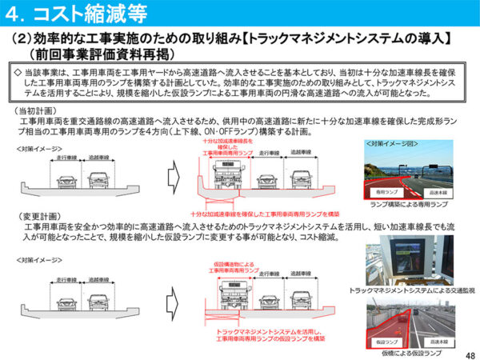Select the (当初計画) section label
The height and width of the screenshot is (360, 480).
point(38,110)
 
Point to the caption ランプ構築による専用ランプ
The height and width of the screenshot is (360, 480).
point(409,204)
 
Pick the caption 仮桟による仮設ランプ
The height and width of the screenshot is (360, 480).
point(410,352)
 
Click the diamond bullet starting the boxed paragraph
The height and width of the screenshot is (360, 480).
point(20,70)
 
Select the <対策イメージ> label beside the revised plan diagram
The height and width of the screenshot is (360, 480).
point(36,261)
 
